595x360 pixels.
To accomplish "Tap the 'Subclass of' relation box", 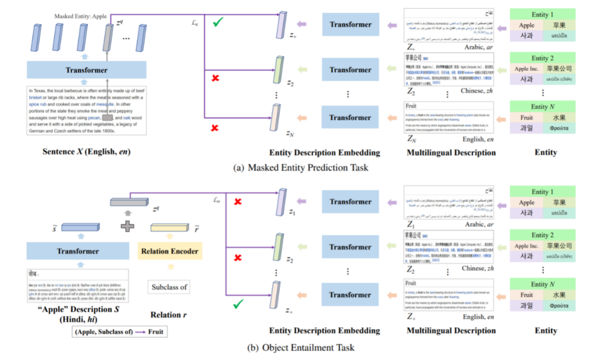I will (x=169, y=287).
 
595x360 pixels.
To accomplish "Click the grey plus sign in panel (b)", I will (x=127, y=226).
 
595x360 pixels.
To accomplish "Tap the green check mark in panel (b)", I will (x=237, y=303).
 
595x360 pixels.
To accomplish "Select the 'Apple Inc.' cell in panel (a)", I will (x=526, y=69).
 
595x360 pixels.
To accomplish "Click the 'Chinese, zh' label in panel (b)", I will (x=471, y=269).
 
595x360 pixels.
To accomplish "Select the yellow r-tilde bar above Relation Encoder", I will (x=169, y=228).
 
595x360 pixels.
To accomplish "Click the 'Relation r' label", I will (x=169, y=315).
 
